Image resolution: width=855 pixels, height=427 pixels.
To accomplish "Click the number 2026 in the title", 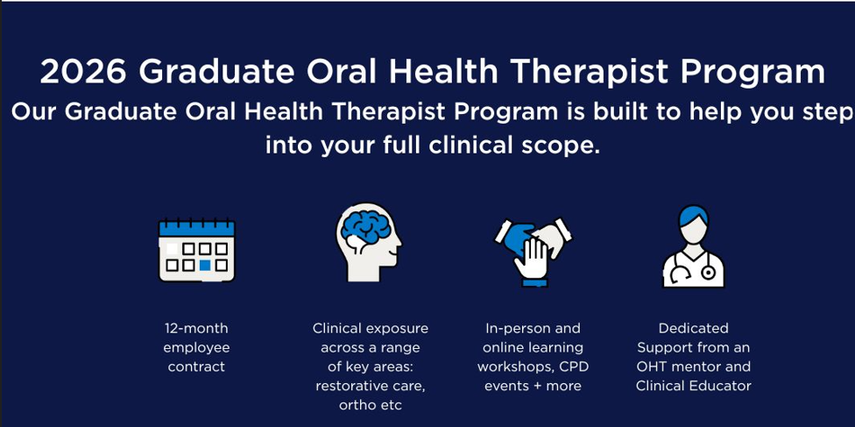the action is click(x=83, y=72).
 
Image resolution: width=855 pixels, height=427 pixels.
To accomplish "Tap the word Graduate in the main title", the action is click(x=216, y=72).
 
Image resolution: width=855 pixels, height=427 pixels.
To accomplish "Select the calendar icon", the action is click(x=196, y=250).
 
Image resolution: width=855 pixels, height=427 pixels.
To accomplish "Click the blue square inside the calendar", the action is click(x=205, y=266).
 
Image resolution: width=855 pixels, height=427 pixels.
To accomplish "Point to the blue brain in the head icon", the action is click(x=365, y=227).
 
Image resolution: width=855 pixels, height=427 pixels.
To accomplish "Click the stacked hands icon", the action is click(x=533, y=252).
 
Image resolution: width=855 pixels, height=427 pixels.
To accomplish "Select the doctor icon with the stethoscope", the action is click(x=693, y=246).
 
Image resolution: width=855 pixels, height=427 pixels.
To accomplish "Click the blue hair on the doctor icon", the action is click(x=693, y=215).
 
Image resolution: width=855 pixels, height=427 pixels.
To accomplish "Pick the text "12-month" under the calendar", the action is click(x=196, y=329).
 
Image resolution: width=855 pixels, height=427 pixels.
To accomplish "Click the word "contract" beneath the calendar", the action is click(x=196, y=367).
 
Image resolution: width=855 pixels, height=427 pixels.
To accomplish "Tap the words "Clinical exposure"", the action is click(x=371, y=329).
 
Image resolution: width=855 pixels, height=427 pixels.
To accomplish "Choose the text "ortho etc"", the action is click(x=371, y=405).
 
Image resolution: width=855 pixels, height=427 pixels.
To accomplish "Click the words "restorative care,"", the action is click(x=371, y=386).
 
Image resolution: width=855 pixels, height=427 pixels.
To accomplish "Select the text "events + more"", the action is click(x=533, y=386).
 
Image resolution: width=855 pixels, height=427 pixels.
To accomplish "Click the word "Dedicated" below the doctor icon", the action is click(x=693, y=329).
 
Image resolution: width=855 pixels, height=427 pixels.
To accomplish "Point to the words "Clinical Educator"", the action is click(x=693, y=386).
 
